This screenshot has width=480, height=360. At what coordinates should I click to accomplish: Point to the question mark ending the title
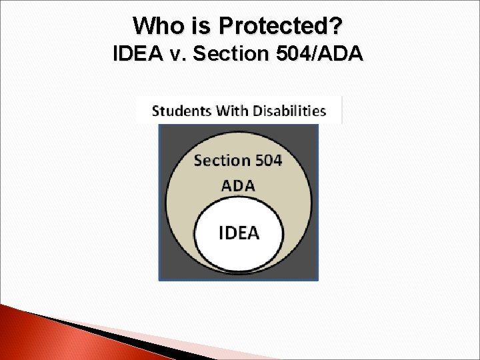pyautogui.click(x=339, y=26)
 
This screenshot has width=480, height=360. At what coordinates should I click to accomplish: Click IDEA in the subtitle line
pyautogui.click(x=139, y=54)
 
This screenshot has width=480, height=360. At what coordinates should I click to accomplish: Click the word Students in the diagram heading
pyautogui.click(x=179, y=111)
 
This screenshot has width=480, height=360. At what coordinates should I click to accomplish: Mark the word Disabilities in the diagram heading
pyautogui.click(x=288, y=111)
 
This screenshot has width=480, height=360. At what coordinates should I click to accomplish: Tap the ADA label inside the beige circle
pyautogui.click(x=238, y=185)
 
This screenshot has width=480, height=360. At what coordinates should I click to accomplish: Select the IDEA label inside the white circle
pyautogui.click(x=239, y=233)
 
